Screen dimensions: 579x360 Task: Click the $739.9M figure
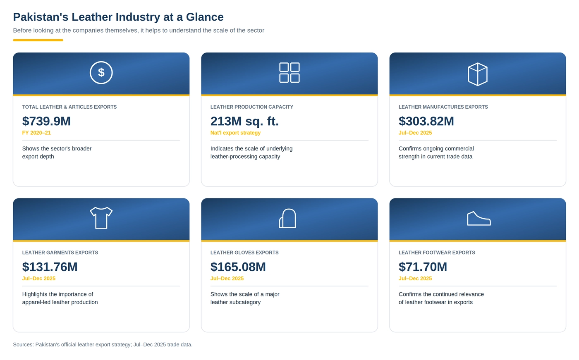tap(46, 121)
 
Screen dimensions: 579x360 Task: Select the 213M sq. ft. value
tap(244, 121)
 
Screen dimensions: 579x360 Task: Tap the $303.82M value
tap(426, 121)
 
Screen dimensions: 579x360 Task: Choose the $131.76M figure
tap(50, 267)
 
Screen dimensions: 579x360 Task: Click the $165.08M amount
tap(238, 267)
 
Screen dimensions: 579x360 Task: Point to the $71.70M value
tap(423, 267)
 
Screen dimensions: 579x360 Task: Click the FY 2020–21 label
tap(36, 133)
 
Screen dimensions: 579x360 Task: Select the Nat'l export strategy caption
tap(235, 133)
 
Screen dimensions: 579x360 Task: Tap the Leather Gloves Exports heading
tap(244, 253)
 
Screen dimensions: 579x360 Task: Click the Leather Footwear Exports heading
tap(437, 253)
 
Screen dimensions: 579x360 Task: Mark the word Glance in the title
tap(205, 17)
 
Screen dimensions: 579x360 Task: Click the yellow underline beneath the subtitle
tap(38, 40)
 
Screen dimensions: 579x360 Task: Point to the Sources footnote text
tap(103, 345)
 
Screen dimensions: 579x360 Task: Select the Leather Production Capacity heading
tap(252, 107)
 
